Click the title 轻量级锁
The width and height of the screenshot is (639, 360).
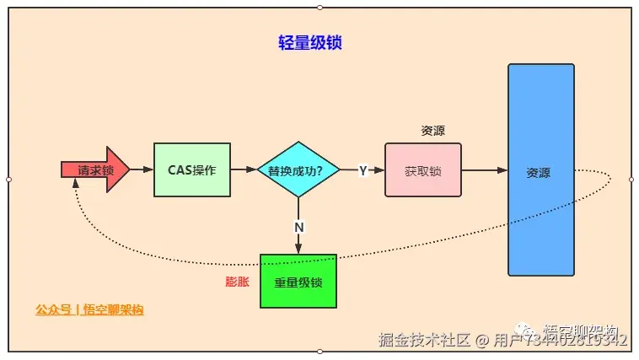coord(310,43)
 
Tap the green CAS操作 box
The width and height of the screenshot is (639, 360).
coord(192,169)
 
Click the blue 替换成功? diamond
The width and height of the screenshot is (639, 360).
coord(298,169)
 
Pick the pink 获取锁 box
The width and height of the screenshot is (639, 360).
coord(422,169)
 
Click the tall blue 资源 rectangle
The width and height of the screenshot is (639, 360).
coord(540,171)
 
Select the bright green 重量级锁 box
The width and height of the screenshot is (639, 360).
coord(298,281)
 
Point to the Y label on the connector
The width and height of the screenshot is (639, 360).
coord(363,170)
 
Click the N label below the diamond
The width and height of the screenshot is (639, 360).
coord(298,227)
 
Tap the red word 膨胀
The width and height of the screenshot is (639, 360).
coord(237,282)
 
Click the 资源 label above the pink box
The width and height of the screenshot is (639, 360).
coord(433,131)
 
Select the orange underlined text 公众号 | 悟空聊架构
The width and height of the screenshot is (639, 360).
coord(89,310)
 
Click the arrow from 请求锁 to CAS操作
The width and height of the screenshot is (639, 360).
coord(142,169)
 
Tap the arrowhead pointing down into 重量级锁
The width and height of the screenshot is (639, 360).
coord(298,248)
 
